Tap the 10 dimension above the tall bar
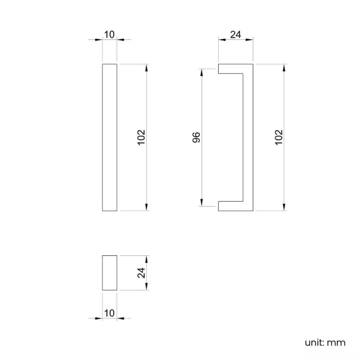tap(109, 35)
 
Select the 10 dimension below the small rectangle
tap(109, 313)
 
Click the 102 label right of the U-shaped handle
tap(279, 137)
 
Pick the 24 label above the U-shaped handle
tap(235, 35)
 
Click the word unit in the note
tap(313, 342)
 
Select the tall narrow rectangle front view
tap(110, 137)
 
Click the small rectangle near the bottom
tap(110, 272)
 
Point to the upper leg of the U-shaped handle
tap(230, 69)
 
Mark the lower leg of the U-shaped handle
tap(230, 206)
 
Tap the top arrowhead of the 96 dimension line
tap(202, 71)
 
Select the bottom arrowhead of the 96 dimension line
tap(202, 203)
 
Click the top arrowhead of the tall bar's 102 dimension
tap(147, 67)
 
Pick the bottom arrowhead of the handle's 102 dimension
tap(284, 208)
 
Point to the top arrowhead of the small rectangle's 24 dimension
tap(147, 258)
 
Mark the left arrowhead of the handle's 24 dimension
tap(220, 40)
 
